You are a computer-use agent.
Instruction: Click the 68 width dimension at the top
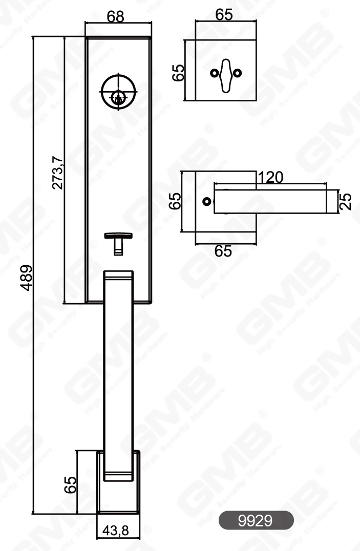coord(116,16)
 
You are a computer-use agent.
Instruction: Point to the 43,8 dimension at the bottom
coord(116,531)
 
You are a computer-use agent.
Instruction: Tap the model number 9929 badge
coord(256,520)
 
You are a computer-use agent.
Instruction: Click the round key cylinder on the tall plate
coord(119,93)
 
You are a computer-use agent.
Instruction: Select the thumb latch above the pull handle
coord(118,240)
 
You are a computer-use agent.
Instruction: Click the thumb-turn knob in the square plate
coord(225,75)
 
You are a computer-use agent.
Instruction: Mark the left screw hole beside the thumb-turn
coord(214,73)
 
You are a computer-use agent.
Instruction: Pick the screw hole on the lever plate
coord(206,202)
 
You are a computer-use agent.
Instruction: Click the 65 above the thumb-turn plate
coord(224,14)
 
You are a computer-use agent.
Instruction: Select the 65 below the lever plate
coord(223,251)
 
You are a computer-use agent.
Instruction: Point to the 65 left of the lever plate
coord(175,201)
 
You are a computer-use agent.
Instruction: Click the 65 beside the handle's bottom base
coord(71,484)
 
